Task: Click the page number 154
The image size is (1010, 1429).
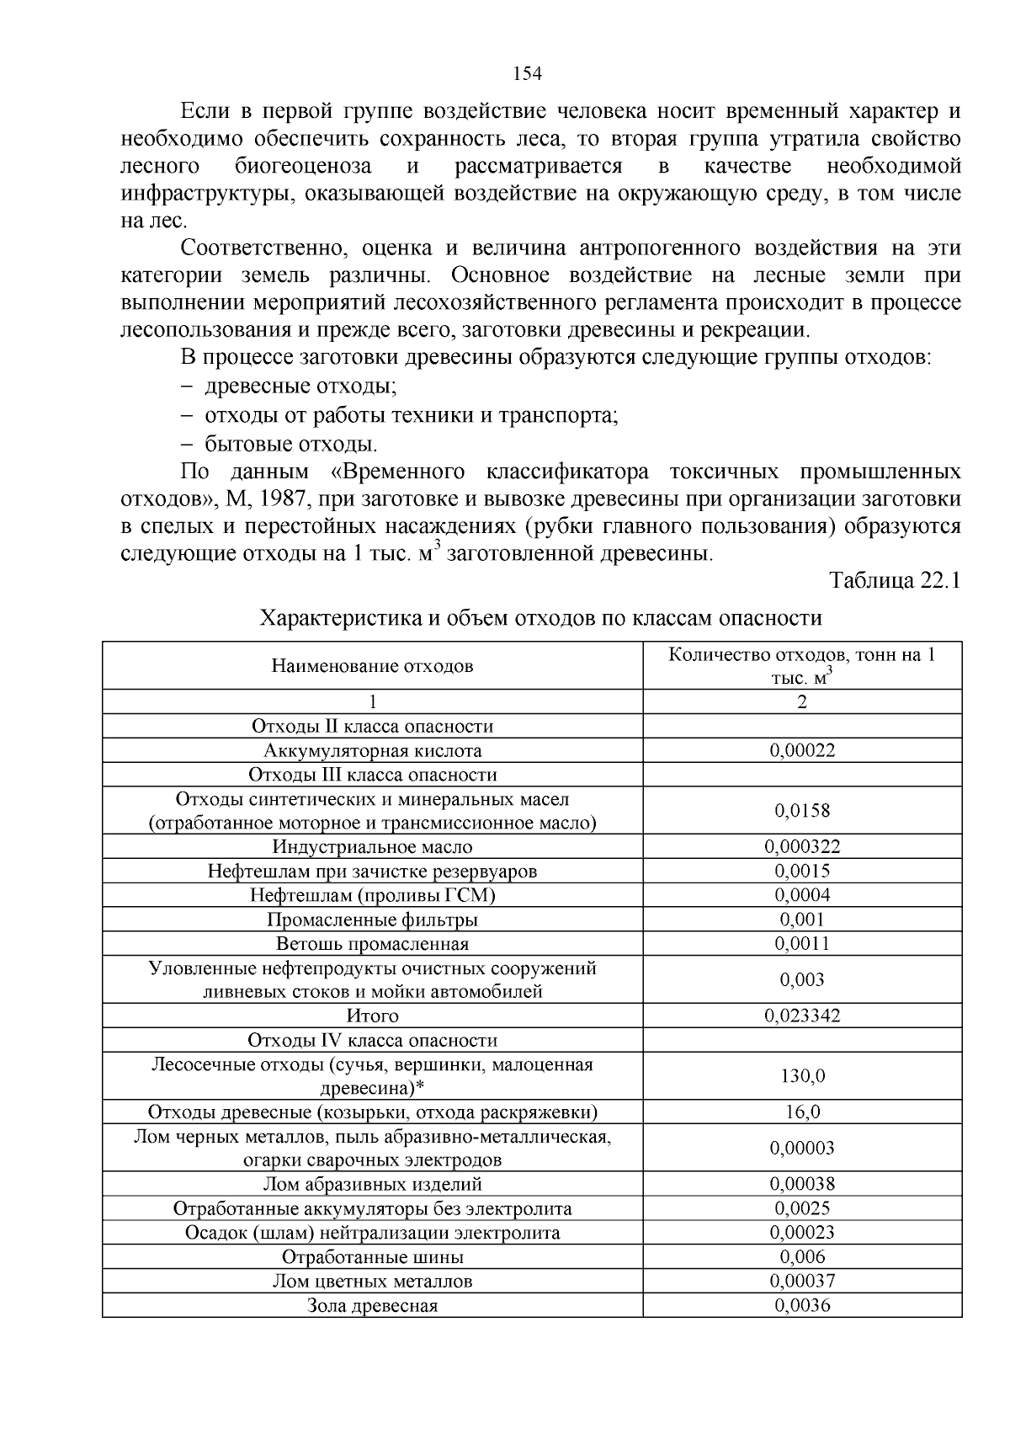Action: [x=527, y=73]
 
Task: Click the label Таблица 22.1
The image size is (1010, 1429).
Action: [x=895, y=581]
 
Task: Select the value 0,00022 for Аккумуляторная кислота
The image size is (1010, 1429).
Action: [x=802, y=750]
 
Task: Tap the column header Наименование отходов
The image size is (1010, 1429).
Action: [x=372, y=666]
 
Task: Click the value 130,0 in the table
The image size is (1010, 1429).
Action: [x=802, y=1075]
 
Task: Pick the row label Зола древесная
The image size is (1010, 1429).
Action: [x=372, y=1306]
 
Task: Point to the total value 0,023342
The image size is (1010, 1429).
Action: [x=802, y=1016]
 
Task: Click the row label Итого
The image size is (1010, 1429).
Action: [x=372, y=1016]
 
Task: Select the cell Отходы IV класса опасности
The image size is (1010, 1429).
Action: [x=372, y=1040]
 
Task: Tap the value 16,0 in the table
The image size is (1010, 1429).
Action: [x=802, y=1112]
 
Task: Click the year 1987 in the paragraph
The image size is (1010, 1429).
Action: [x=284, y=499]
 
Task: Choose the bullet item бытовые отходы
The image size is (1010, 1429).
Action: [x=290, y=444]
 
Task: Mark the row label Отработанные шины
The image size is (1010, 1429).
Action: [x=372, y=1257]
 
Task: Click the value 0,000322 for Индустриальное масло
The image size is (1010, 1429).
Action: [x=802, y=846]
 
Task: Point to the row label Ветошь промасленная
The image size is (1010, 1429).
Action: [x=372, y=943]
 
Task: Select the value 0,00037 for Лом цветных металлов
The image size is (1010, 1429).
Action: [x=802, y=1281]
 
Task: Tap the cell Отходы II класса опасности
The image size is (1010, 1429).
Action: [x=372, y=726]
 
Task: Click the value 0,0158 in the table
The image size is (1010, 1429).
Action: [x=802, y=810]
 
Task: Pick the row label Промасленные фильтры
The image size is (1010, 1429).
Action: [x=372, y=920]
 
